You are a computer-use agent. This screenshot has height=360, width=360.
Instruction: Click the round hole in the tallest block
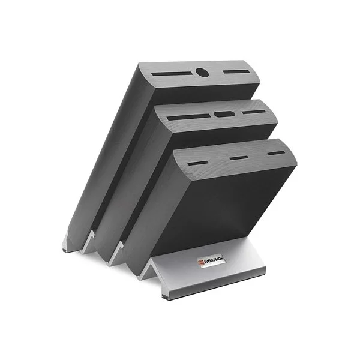[x=202, y=73]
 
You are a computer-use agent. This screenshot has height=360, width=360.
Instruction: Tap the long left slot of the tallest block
[x=172, y=74]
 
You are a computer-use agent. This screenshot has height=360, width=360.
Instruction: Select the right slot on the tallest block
[x=236, y=71]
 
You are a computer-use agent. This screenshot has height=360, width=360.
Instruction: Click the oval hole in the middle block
[x=223, y=114]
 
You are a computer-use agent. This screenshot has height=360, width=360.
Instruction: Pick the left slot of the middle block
[x=188, y=117]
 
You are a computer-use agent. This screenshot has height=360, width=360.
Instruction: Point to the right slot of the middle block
[x=253, y=112]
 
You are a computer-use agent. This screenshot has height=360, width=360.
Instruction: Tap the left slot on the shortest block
[x=198, y=163]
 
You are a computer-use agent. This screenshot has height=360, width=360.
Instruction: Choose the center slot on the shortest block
[x=239, y=158]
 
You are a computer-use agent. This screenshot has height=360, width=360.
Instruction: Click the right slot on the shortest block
[x=276, y=153]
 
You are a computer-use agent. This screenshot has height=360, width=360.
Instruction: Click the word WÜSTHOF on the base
[x=214, y=260]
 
